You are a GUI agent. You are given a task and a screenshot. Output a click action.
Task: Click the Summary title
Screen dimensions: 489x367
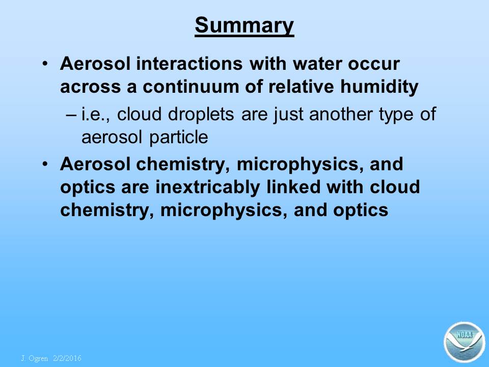pyautogui.click(x=244, y=26)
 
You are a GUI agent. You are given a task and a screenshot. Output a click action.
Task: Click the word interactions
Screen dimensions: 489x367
pyautogui.click(x=189, y=64)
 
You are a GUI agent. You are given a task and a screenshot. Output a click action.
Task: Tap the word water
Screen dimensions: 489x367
pyautogui.click(x=317, y=64)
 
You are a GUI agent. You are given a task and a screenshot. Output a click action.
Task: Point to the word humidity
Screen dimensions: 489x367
pyautogui.click(x=379, y=87)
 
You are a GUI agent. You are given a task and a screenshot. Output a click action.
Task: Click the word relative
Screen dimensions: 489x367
pyautogui.click(x=301, y=87)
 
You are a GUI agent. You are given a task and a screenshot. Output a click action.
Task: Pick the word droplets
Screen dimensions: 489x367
pyautogui.click(x=201, y=114)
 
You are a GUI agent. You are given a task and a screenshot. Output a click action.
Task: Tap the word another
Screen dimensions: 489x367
pyautogui.click(x=341, y=114)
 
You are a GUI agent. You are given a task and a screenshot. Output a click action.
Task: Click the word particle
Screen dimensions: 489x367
pyautogui.click(x=179, y=137)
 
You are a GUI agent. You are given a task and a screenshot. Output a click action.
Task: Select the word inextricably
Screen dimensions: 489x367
pyautogui.click(x=207, y=187)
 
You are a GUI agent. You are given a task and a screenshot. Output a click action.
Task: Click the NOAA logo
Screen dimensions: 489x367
pyautogui.click(x=465, y=342)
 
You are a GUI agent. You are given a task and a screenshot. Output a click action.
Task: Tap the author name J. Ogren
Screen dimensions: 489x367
pyautogui.click(x=35, y=358)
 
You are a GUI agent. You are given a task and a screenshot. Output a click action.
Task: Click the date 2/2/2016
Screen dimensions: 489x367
pyautogui.click(x=67, y=358)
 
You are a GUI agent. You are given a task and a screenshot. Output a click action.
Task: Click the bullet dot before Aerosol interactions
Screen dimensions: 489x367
pyautogui.click(x=45, y=64)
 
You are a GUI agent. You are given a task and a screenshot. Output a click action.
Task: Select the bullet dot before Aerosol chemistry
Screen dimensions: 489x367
pyautogui.click(x=45, y=164)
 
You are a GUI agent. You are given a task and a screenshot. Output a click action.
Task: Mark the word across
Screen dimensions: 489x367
pyautogui.click(x=91, y=87)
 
